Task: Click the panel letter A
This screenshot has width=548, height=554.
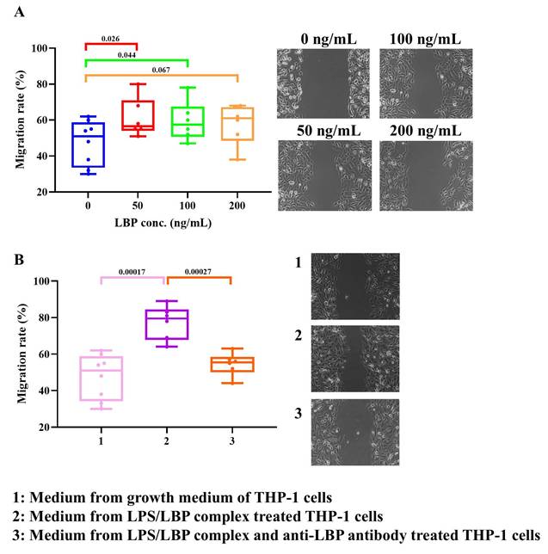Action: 17,12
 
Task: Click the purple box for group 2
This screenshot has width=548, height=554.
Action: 167,324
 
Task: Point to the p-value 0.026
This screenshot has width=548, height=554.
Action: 110,39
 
